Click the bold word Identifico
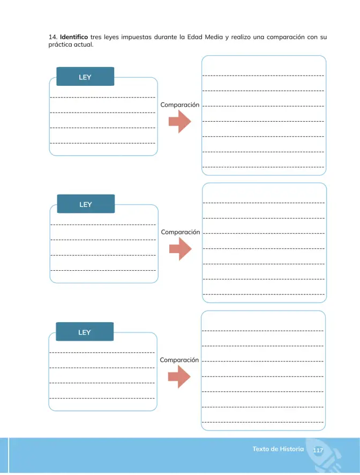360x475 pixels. (x=74, y=37)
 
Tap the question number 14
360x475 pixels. (x=52, y=37)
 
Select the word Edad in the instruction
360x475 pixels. (x=194, y=37)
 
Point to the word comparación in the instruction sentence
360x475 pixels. (x=286, y=38)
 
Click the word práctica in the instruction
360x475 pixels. (x=60, y=44)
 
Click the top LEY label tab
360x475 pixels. (x=85, y=77)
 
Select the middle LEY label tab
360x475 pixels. (x=86, y=204)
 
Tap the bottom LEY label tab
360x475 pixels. (x=85, y=332)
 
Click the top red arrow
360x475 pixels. (x=180, y=122)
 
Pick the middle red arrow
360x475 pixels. (x=181, y=249)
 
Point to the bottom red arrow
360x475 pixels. (x=179, y=377)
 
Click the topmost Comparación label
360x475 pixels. (x=180, y=105)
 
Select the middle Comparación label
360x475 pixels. (x=181, y=232)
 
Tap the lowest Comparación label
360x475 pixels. (x=179, y=360)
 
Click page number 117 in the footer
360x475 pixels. (x=318, y=450)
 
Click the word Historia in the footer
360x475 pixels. (x=291, y=449)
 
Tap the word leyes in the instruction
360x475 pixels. (x=111, y=38)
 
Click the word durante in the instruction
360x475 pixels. (x=166, y=37)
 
